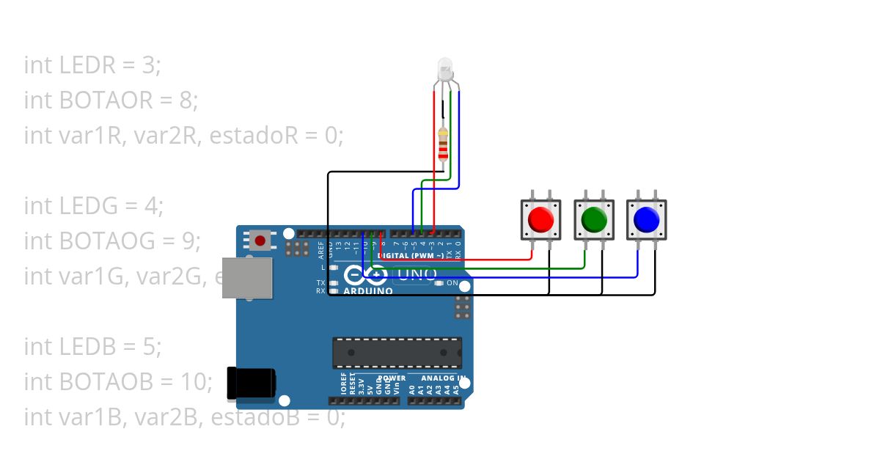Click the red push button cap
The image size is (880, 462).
541,219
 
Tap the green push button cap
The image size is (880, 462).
594,219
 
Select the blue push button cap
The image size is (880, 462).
646,219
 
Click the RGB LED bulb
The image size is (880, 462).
446,70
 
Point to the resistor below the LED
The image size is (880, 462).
443,144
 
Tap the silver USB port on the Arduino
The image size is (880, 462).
247,278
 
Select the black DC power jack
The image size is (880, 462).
251,384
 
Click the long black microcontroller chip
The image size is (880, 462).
397,353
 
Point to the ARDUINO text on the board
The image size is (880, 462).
369,291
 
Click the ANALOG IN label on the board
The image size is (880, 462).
444,378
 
